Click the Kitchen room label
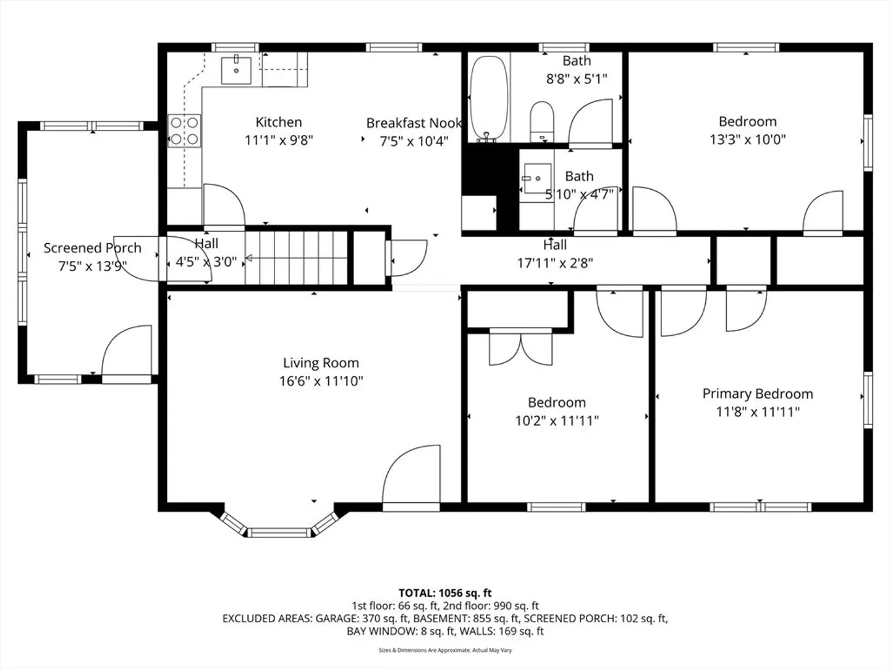click(x=279, y=122)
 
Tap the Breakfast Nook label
click(x=414, y=123)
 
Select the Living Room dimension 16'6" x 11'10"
click(x=321, y=381)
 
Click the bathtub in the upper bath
click(x=489, y=99)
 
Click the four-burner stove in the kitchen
click(x=184, y=131)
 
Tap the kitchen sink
click(x=236, y=70)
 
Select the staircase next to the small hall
click(x=297, y=258)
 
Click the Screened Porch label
click(x=93, y=248)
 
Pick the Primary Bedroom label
click(x=758, y=394)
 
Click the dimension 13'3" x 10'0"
click(x=748, y=140)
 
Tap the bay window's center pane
click(x=279, y=532)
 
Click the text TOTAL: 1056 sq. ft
click(x=445, y=593)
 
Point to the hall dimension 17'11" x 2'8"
click(x=555, y=263)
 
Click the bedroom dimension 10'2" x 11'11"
click(x=557, y=421)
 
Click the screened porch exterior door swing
click(x=126, y=350)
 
